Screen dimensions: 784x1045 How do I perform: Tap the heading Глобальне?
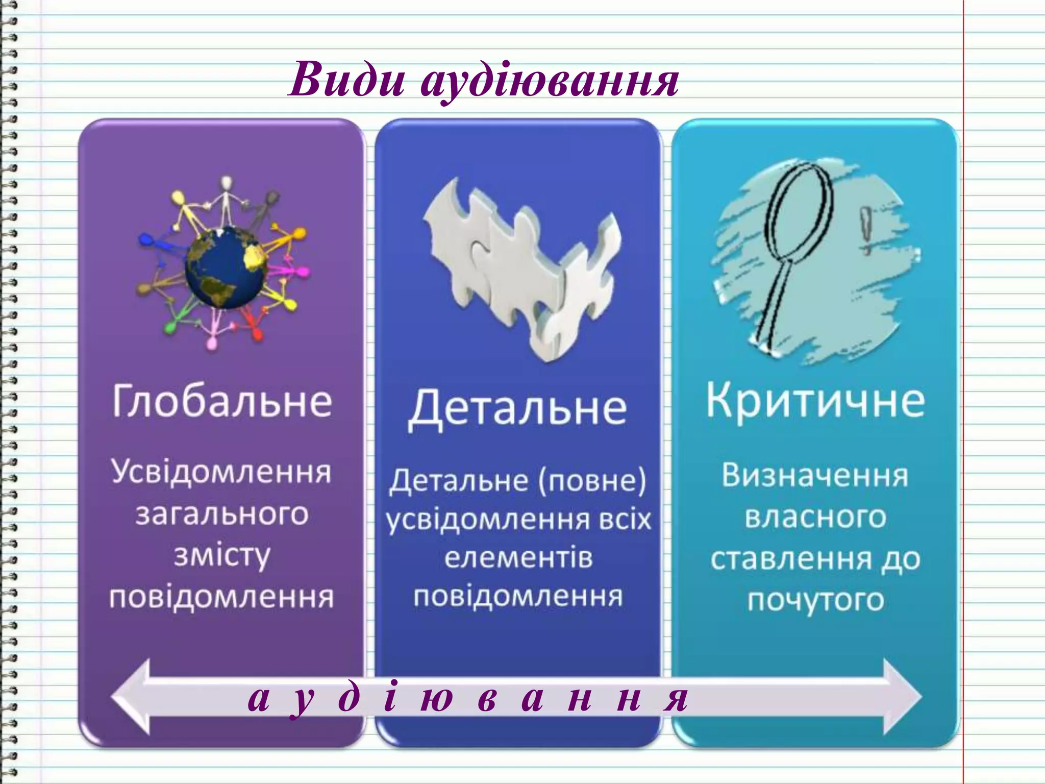point(222,401)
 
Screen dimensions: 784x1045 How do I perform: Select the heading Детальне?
point(517,408)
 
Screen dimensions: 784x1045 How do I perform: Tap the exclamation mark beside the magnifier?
point(865,230)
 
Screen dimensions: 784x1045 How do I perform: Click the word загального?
point(222,514)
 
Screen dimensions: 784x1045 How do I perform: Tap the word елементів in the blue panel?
point(518,557)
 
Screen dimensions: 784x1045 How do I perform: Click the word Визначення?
point(815,476)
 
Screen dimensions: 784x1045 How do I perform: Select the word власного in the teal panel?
point(815,518)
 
